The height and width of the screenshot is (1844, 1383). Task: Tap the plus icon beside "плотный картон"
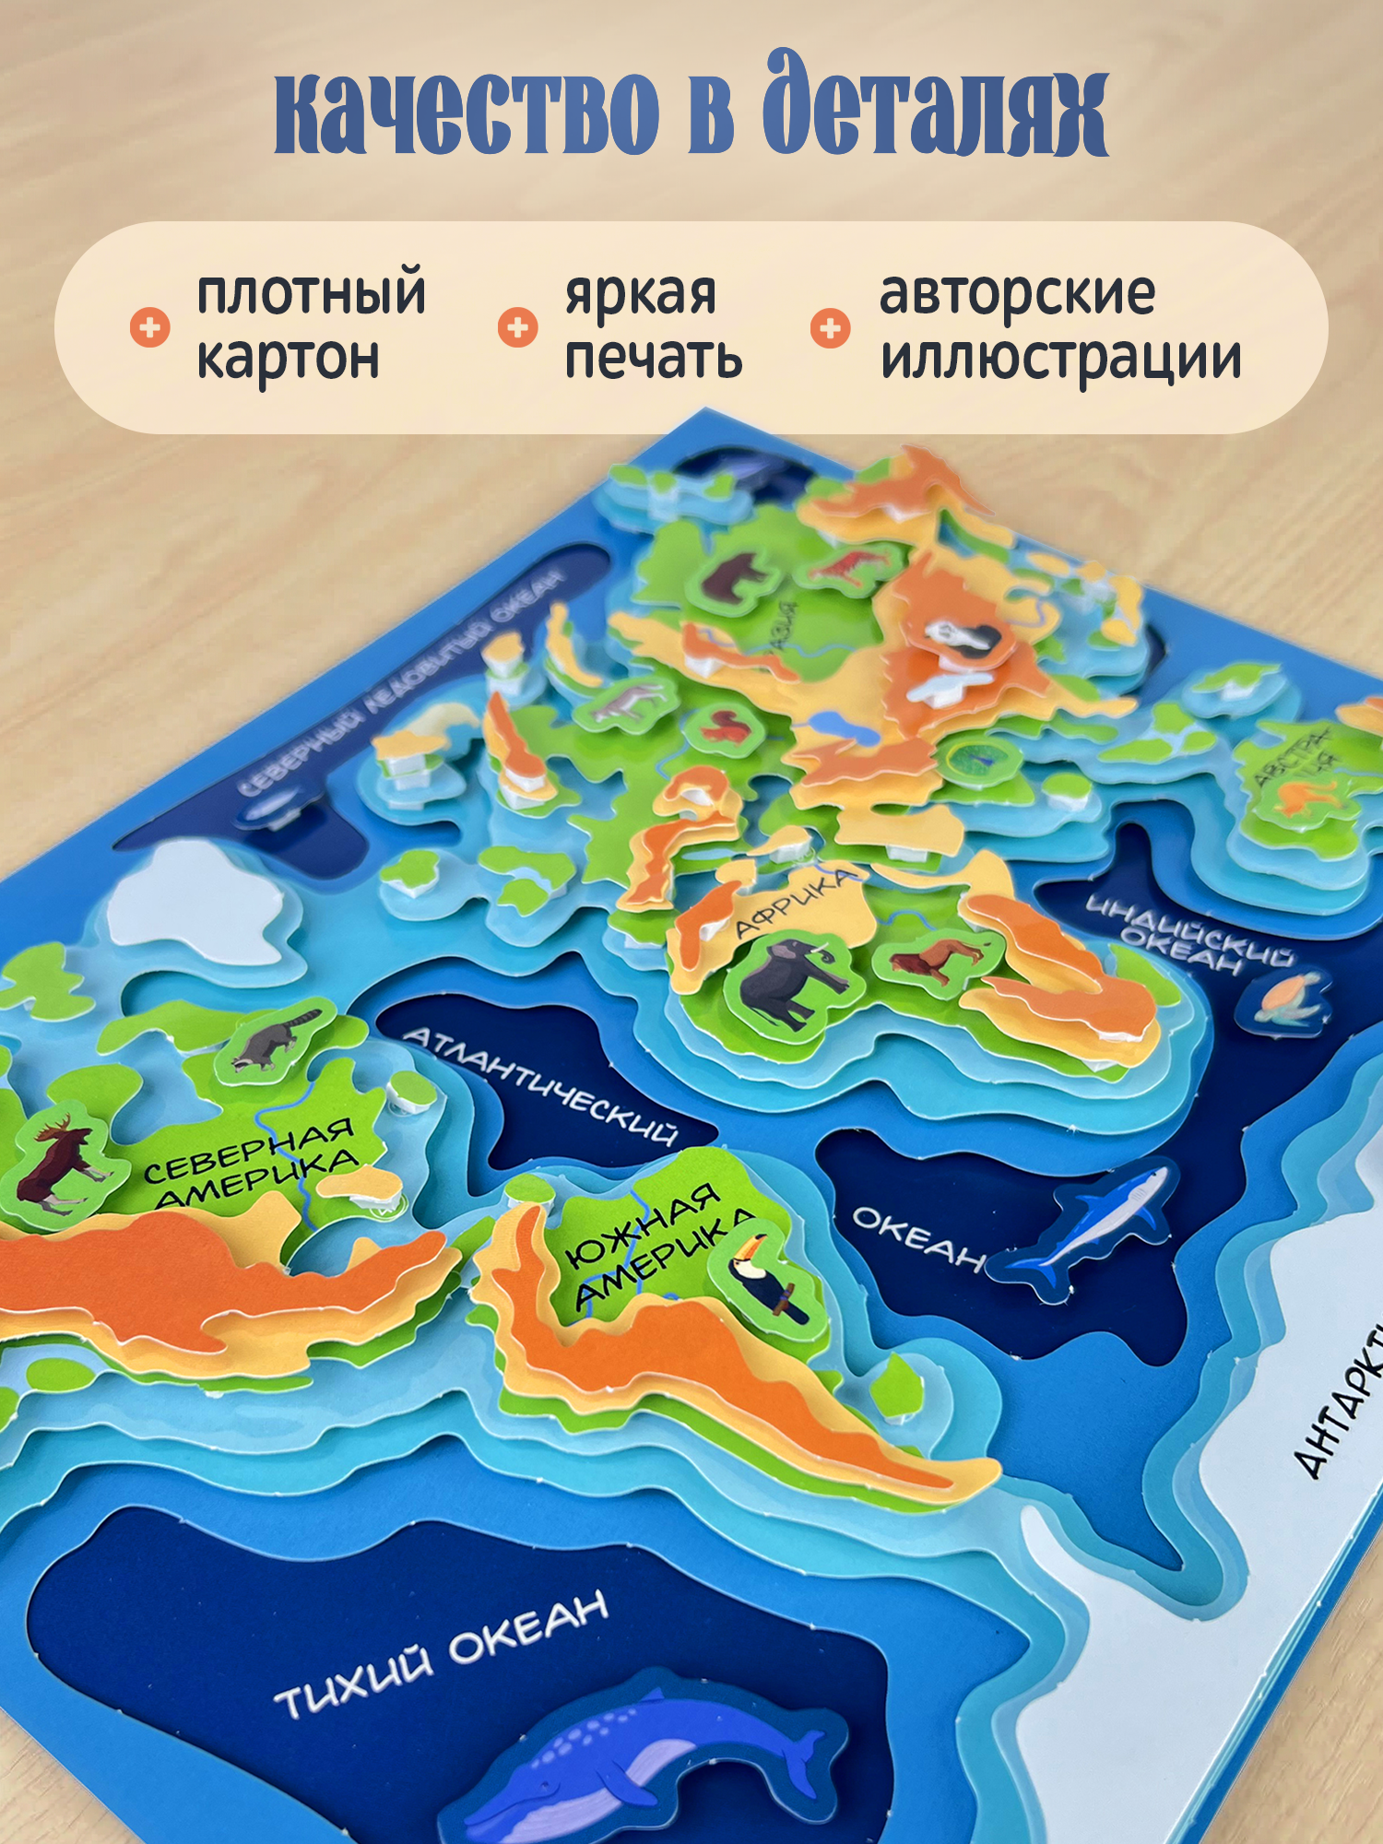coord(150,327)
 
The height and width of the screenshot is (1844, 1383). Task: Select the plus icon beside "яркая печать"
coord(518,327)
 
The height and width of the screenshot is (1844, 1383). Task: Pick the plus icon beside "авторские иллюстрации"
coord(831,327)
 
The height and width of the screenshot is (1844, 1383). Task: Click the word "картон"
coord(288,359)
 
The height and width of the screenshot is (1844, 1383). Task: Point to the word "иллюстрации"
coord(1060,359)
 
